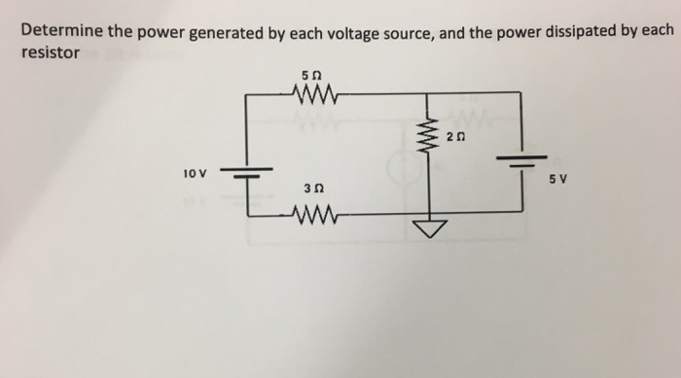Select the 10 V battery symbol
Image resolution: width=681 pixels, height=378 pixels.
click(x=244, y=173)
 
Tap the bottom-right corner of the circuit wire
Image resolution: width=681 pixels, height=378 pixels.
click(x=522, y=207)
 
